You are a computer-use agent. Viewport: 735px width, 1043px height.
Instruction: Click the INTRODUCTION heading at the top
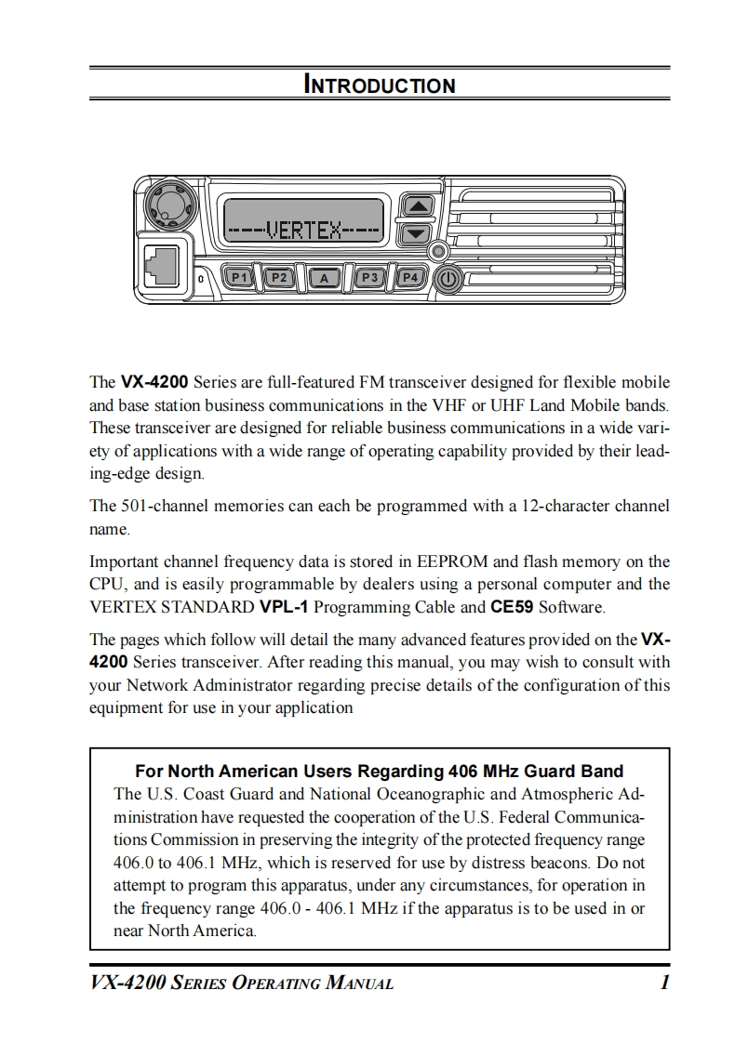380,86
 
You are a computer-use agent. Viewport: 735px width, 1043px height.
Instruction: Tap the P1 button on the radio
239,277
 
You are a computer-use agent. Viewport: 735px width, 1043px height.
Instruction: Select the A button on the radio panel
324,278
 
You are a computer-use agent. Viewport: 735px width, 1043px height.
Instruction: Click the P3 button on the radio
369,277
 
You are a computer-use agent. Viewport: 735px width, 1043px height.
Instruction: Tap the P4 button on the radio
409,277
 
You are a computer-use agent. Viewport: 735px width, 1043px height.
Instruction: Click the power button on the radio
448,278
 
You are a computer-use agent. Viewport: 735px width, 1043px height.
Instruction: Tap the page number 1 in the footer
664,984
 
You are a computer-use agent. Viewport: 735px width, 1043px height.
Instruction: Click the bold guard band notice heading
379,771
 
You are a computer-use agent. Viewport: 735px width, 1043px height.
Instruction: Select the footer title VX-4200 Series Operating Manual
241,984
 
